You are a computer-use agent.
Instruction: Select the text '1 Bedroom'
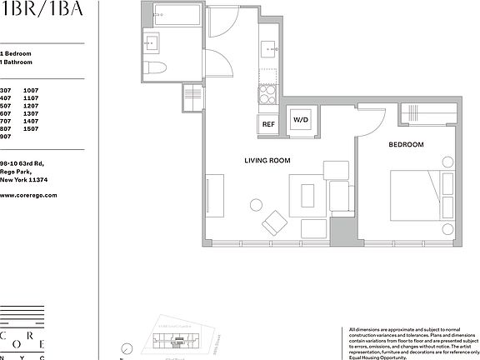coord(16,53)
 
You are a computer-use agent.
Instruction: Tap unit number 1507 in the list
coord(32,129)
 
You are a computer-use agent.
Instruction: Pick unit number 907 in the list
coord(6,137)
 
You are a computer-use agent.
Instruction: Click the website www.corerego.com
coord(28,195)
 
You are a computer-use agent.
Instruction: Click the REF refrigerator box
coord(268,124)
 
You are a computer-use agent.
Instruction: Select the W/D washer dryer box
coord(299,120)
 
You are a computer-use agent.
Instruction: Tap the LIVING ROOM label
coord(267,160)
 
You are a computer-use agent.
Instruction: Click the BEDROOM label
coord(406,145)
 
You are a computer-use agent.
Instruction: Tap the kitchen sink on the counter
coord(268,48)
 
